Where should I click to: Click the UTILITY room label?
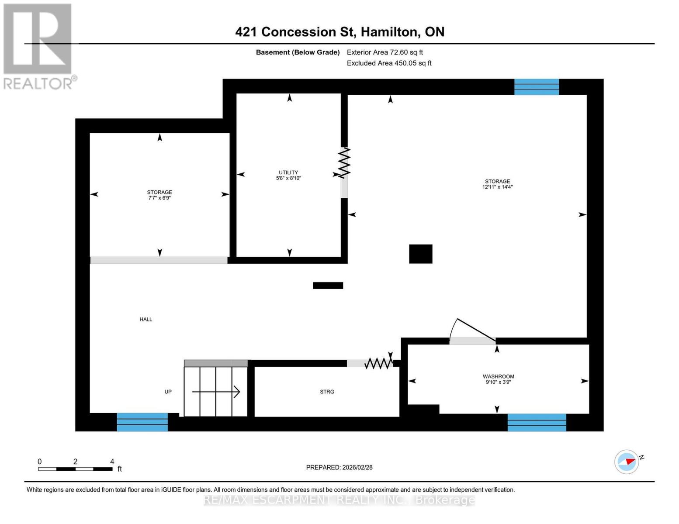click(x=288, y=172)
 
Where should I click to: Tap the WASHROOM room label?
click(x=498, y=376)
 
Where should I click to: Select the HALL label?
click(x=146, y=319)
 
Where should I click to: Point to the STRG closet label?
click(x=327, y=392)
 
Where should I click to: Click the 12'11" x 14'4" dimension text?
click(x=497, y=187)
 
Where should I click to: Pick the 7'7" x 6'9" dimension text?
click(x=159, y=198)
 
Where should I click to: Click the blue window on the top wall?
click(x=537, y=87)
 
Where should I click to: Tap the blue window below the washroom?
click(x=537, y=422)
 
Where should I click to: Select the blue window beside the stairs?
click(x=142, y=422)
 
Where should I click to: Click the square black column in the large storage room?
click(x=420, y=254)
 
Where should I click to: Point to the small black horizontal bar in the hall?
click(x=328, y=286)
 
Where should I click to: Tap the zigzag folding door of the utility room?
click(x=345, y=163)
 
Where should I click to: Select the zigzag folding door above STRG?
click(x=378, y=363)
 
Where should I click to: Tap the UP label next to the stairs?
click(x=168, y=392)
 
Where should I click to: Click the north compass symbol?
click(x=627, y=461)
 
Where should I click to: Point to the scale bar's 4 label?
click(x=112, y=462)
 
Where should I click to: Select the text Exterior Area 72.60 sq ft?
click(x=385, y=52)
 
